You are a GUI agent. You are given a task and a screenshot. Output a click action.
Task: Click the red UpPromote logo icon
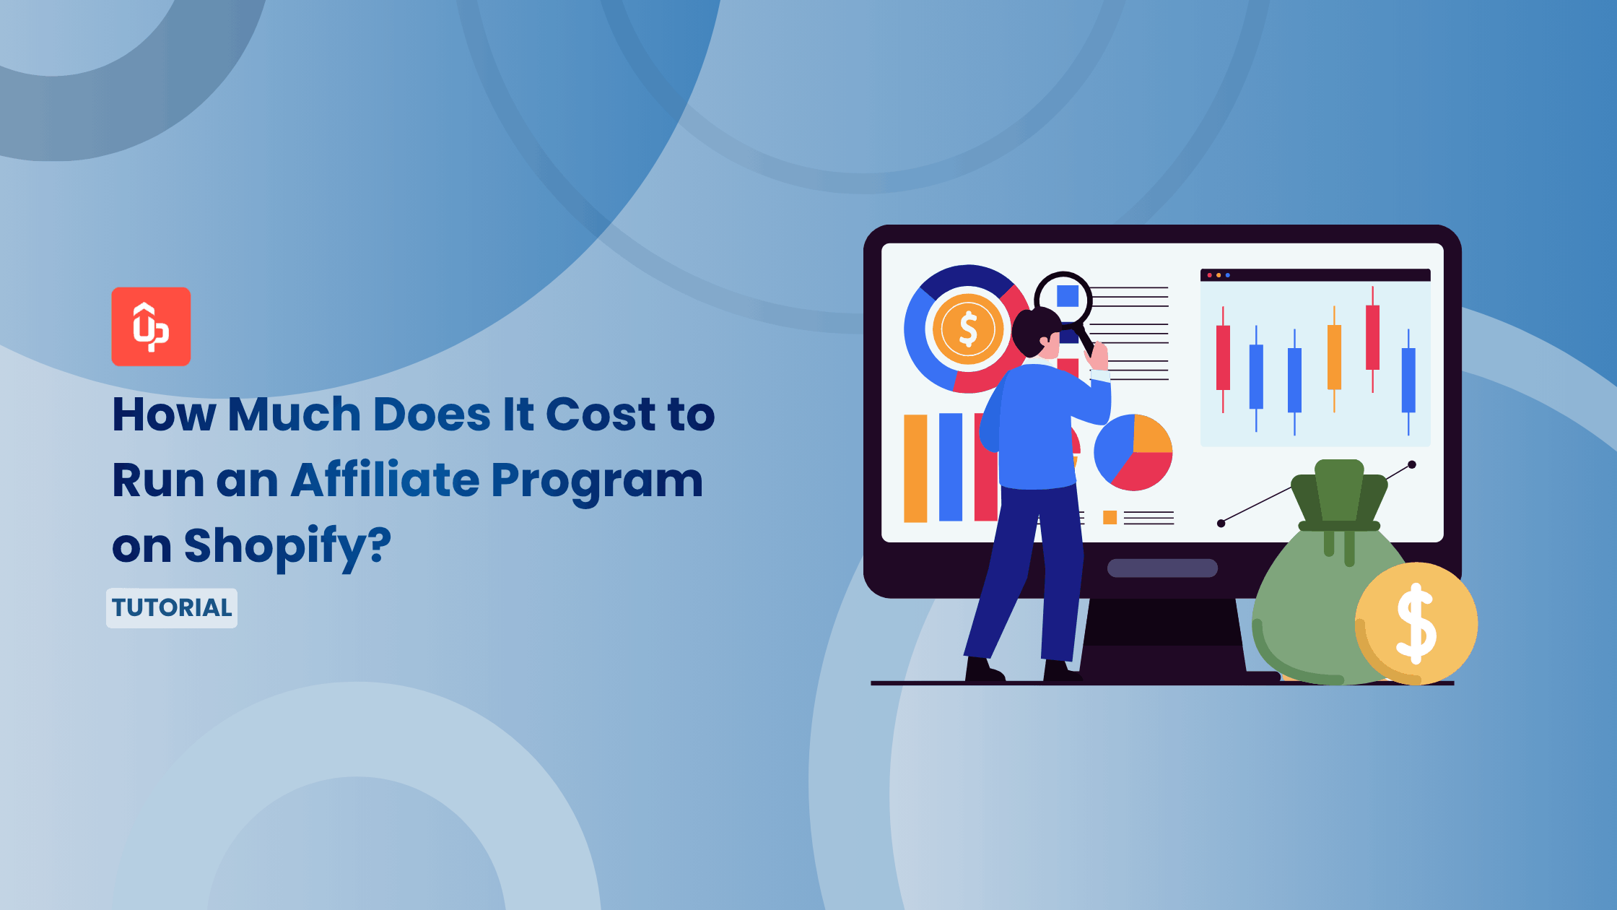pos(151,326)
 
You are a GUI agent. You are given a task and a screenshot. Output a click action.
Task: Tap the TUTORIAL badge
pos(172,607)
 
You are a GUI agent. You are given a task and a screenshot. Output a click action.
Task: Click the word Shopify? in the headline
pos(287,546)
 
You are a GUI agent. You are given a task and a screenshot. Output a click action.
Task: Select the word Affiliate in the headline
pos(385,480)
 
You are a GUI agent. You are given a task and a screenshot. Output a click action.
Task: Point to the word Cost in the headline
pos(600,415)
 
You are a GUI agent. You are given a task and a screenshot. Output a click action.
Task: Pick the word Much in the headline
pos(295,415)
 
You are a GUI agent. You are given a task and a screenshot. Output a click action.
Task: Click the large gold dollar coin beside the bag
pos(1416,623)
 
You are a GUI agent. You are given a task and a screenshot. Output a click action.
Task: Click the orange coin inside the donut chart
pos(968,329)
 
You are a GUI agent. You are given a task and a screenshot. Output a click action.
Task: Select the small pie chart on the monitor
pos(1133,452)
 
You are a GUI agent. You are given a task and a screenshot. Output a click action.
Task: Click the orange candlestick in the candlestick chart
pos(1334,357)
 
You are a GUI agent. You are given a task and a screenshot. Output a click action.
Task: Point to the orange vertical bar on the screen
pos(915,467)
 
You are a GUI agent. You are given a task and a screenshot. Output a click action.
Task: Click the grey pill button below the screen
pos(1162,568)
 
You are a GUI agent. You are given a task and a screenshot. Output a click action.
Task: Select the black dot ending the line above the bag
pos(1412,464)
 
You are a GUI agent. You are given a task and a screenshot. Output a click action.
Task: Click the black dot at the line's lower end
pos(1221,524)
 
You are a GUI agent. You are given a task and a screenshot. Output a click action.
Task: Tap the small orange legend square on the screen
pos(1110,517)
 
